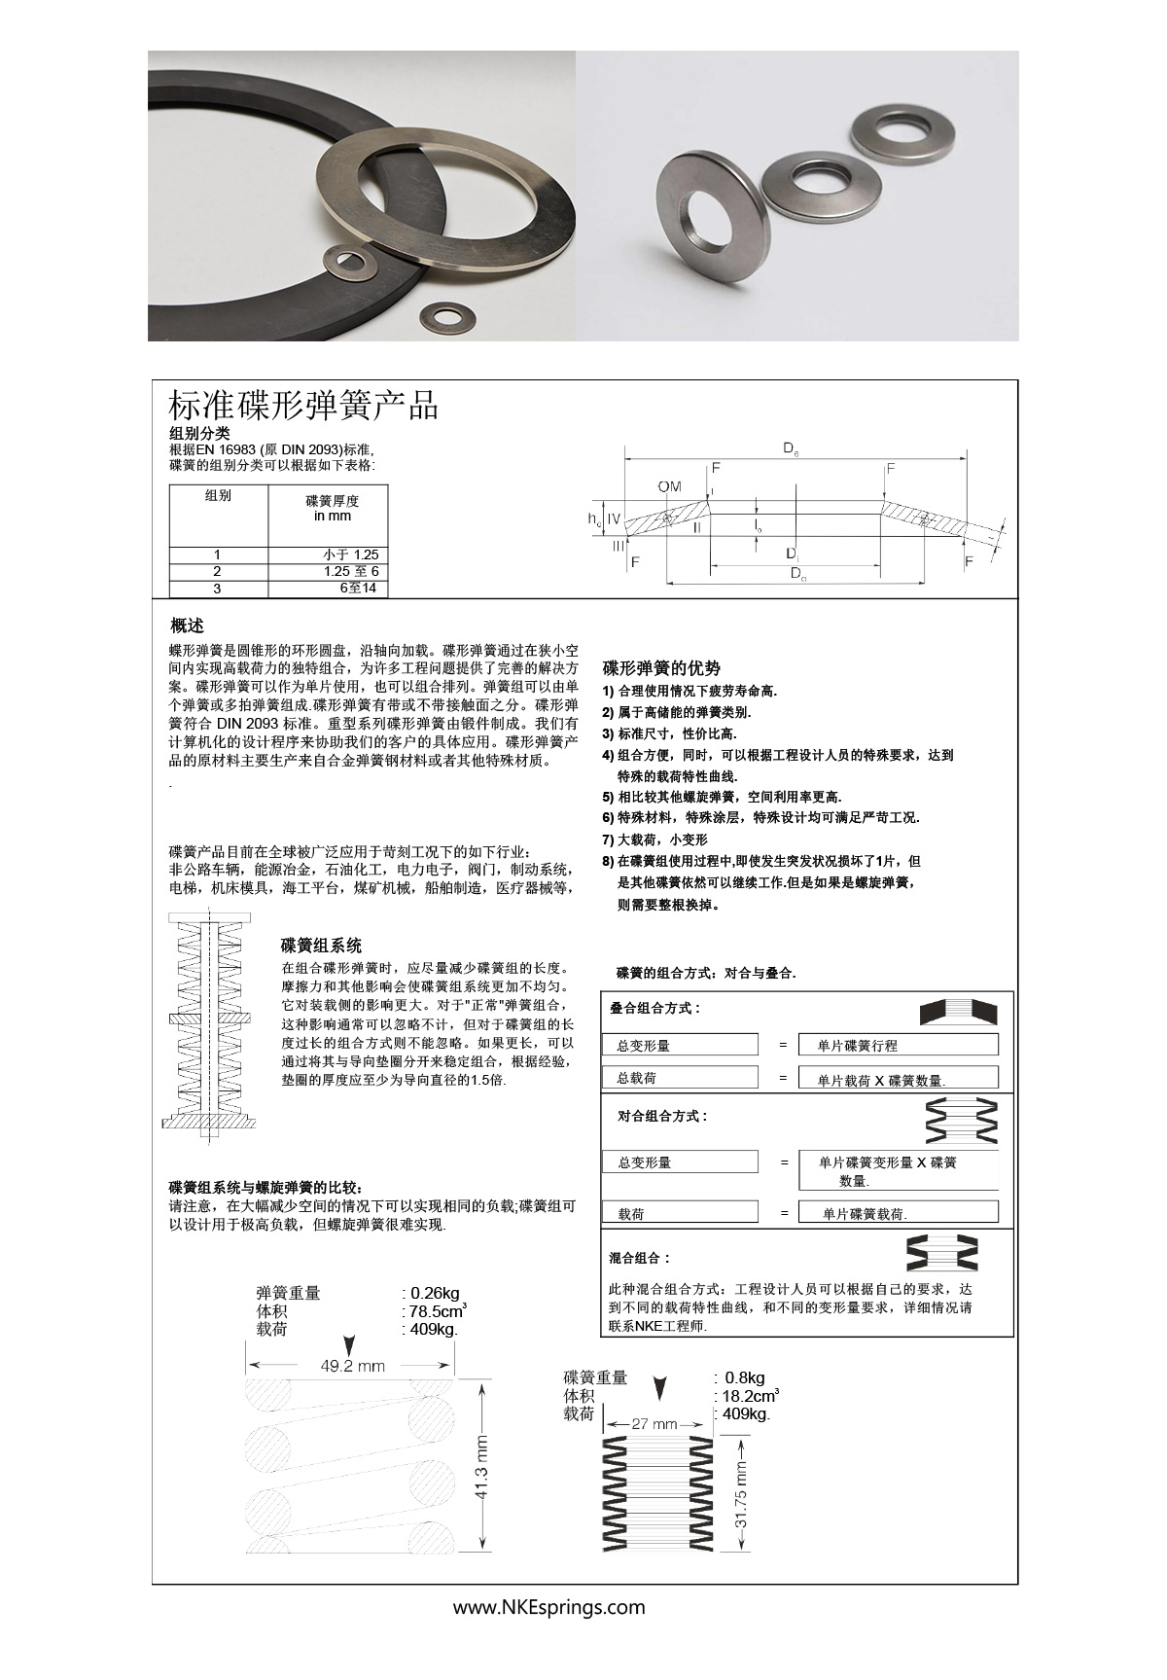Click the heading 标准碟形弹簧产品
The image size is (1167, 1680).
(303, 405)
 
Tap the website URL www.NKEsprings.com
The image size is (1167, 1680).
(548, 1607)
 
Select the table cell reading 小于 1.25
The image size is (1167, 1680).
(350, 554)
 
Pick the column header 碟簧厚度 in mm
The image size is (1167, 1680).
(333, 508)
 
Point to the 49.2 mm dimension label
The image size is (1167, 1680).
(353, 1366)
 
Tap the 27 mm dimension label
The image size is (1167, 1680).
(654, 1423)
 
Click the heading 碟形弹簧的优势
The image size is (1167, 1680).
(661, 668)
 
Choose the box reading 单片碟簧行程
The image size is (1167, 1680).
(897, 1045)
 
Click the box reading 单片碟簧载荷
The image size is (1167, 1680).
(897, 1213)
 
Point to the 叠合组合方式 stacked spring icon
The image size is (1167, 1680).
(958, 1012)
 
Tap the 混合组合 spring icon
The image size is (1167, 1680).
(942, 1253)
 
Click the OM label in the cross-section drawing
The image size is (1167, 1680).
(669, 486)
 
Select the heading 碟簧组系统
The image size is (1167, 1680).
(321, 945)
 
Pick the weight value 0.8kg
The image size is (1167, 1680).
(745, 1377)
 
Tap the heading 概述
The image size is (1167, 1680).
(187, 625)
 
